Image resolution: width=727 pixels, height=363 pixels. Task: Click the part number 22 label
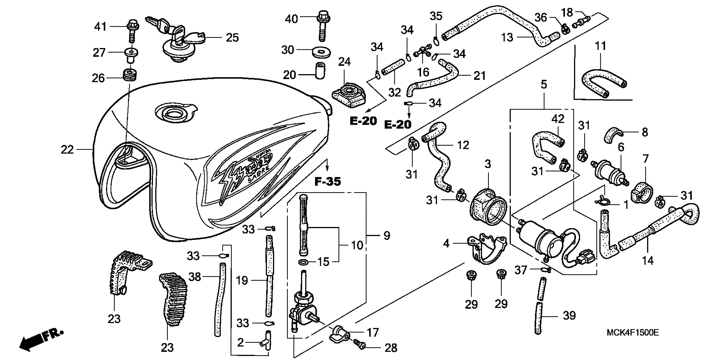[67, 149]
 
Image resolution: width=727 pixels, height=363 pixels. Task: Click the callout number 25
[232, 38]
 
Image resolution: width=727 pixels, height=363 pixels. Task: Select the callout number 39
[569, 315]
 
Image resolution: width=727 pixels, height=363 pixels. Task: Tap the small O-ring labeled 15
[303, 262]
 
